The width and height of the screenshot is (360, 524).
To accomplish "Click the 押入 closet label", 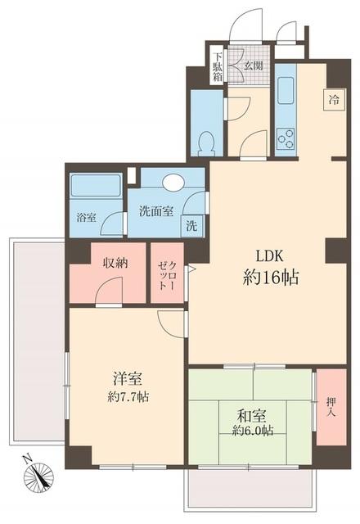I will pyautogui.click(x=331, y=406).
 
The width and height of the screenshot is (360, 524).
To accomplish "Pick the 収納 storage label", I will pyautogui.click(x=114, y=264).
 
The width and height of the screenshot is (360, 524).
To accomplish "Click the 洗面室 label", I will pyautogui.click(x=155, y=210).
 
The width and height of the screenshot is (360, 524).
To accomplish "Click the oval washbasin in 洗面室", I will pyautogui.click(x=173, y=182).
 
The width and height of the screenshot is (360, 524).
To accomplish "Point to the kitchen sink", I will pyautogui.click(x=286, y=89).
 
